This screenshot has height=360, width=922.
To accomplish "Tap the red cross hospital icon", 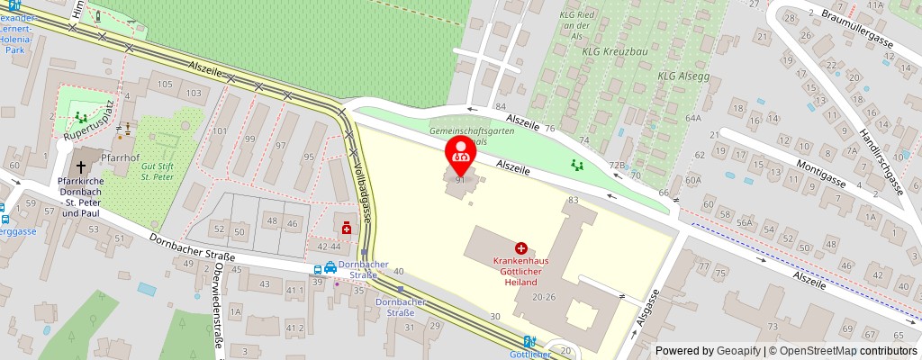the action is coord(520,247).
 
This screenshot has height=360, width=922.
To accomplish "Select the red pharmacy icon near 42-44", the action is coord(347,229).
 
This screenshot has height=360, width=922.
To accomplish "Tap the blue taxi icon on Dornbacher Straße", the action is coord(330,267).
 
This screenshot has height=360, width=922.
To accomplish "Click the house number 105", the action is coord(164,84).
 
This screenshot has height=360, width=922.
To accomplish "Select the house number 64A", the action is coord(692,118).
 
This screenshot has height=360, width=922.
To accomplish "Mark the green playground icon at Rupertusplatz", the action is coord(82,117).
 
